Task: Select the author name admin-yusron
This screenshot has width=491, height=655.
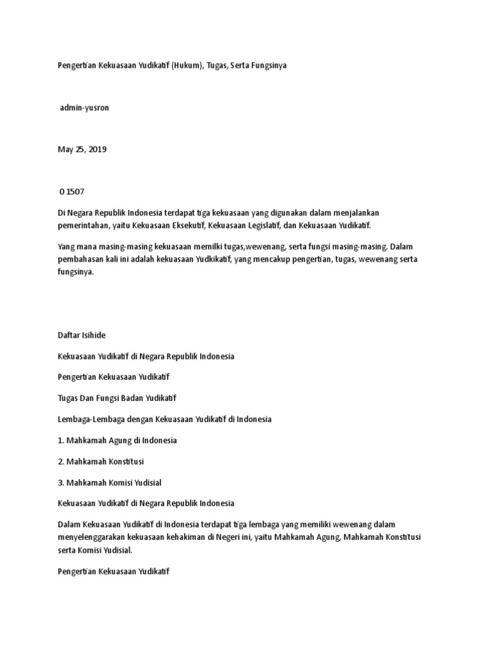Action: (x=84, y=107)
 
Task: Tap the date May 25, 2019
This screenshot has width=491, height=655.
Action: (x=82, y=149)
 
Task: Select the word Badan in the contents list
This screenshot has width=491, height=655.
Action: (x=130, y=398)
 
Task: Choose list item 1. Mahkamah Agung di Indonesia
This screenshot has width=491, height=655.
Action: (x=117, y=440)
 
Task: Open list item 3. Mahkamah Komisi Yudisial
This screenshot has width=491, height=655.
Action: (x=109, y=482)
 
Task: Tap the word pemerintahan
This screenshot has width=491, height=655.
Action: (x=81, y=225)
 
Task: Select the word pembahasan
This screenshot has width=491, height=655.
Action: (x=81, y=258)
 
